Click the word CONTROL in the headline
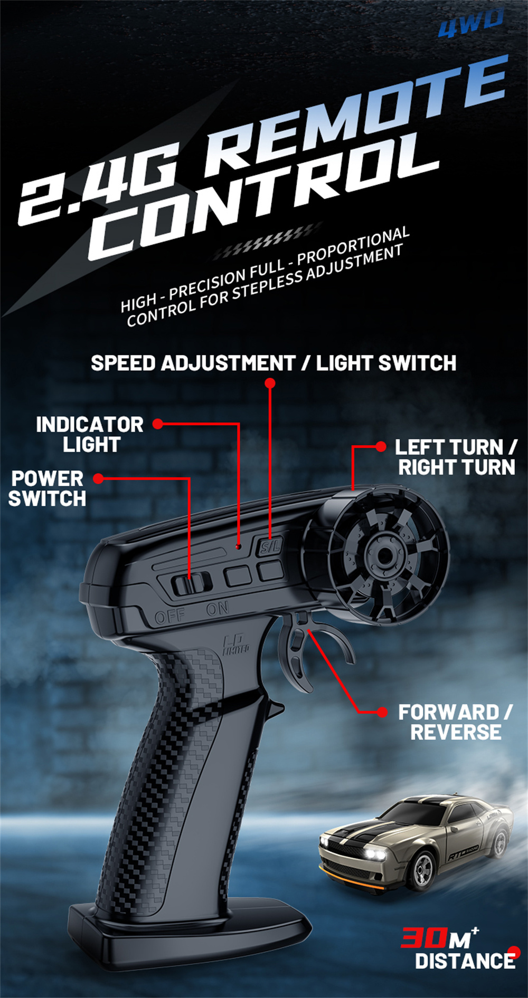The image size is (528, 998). tap(264, 195)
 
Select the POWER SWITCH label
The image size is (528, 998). tap(47, 488)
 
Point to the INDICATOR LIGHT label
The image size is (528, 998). tap(90, 435)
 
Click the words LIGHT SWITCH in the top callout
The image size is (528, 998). tap(386, 363)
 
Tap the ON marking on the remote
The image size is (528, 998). tap(217, 609)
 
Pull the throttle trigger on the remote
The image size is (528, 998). tap(298, 654)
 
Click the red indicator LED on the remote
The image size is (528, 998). tap(238, 546)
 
